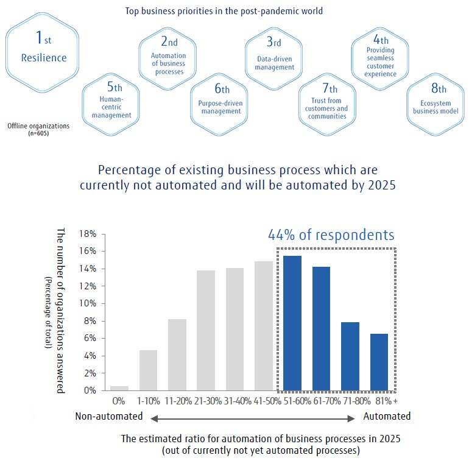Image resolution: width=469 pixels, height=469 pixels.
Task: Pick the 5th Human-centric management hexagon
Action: pyautogui.click(x=110, y=100)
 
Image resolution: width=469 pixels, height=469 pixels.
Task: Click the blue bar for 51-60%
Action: pyautogui.click(x=292, y=323)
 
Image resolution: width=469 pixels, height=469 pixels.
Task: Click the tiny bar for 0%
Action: pyautogui.click(x=119, y=388)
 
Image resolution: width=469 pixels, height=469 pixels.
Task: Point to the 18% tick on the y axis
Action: pyautogui.click(x=88, y=234)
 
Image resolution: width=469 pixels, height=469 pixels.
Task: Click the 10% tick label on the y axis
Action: pyautogui.click(x=88, y=303)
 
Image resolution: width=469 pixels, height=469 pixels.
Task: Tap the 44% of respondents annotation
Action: pyautogui.click(x=331, y=235)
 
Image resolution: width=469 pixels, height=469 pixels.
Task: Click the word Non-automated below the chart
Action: pyautogui.click(x=109, y=417)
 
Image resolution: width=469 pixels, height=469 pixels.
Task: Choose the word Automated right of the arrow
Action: pyautogui.click(x=387, y=417)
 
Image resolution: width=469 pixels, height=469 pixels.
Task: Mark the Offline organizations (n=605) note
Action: pyautogui.click(x=38, y=129)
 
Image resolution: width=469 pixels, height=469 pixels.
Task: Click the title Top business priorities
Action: pyautogui.click(x=224, y=11)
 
